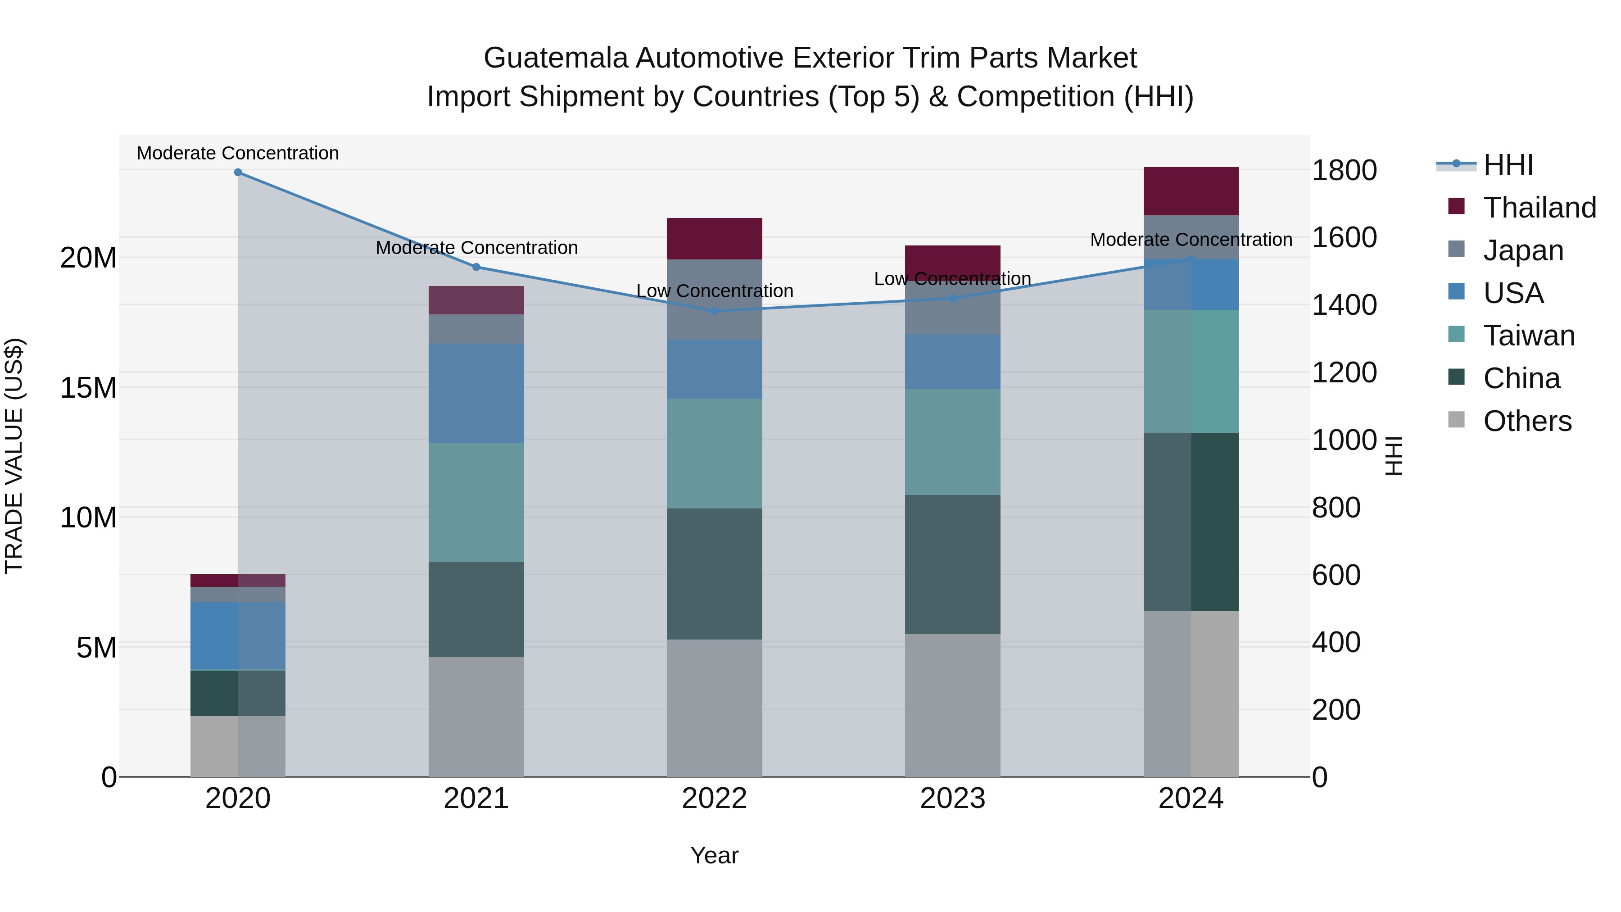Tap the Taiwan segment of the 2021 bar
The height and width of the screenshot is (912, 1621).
tap(476, 502)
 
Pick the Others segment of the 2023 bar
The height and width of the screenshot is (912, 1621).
tap(952, 704)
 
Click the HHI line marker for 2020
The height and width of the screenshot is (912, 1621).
tap(238, 172)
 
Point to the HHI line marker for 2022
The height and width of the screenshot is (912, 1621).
tap(714, 311)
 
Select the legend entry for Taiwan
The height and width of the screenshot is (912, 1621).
tap(1529, 336)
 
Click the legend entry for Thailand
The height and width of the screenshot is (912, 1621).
tap(1539, 208)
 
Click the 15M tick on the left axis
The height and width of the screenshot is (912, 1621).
tap(88, 388)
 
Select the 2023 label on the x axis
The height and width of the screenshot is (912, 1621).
tap(952, 799)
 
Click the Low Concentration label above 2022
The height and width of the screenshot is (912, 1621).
tap(714, 291)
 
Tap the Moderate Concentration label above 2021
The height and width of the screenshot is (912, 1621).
tap(476, 247)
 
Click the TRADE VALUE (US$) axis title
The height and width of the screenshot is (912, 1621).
tap(14, 456)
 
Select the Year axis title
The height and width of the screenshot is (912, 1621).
tap(714, 855)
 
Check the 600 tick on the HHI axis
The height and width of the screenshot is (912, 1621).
tap(1336, 575)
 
